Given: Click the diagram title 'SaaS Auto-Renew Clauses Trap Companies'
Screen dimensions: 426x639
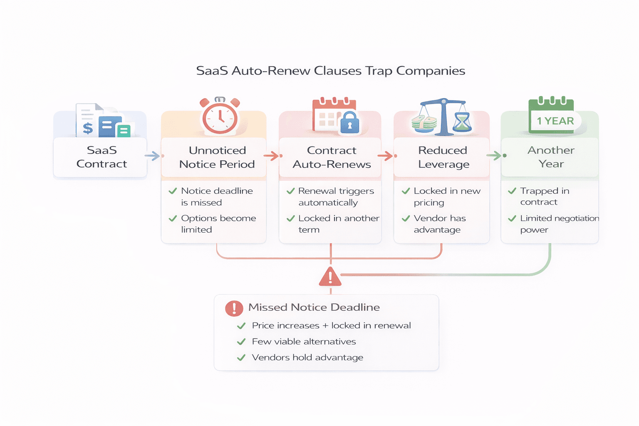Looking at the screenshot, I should pyautogui.click(x=330, y=71).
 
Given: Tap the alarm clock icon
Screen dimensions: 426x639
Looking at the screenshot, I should pyautogui.click(x=220, y=116).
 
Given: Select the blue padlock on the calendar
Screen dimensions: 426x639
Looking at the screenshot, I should pyautogui.click(x=349, y=122).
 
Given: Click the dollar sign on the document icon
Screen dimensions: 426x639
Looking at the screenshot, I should pyautogui.click(x=88, y=127).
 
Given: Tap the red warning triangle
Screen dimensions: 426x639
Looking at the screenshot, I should pyautogui.click(x=330, y=277).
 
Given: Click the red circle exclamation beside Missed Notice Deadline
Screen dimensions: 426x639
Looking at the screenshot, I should pyautogui.click(x=234, y=308).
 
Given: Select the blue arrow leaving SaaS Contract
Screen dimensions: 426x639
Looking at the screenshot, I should pyautogui.click(x=153, y=156).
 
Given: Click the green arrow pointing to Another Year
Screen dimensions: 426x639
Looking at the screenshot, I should pyautogui.click(x=495, y=156).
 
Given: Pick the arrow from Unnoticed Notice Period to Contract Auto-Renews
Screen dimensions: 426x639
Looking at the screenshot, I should pyautogui.click(x=272, y=156).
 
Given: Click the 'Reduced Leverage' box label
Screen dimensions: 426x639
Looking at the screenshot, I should pyautogui.click(x=443, y=157).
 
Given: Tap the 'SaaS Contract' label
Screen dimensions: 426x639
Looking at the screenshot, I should pyautogui.click(x=102, y=157).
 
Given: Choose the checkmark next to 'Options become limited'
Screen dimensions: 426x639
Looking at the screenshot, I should pyautogui.click(x=173, y=218).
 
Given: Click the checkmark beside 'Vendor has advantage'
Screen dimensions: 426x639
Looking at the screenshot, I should pyautogui.click(x=406, y=218).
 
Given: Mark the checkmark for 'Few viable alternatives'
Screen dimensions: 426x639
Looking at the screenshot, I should pyautogui.click(x=241, y=342).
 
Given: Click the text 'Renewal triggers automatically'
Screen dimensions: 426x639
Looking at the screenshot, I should pyautogui.click(x=336, y=197).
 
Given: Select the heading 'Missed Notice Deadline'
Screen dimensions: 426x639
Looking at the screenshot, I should pyautogui.click(x=314, y=307).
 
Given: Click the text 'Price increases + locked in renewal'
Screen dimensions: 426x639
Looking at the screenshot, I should pyautogui.click(x=331, y=326).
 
